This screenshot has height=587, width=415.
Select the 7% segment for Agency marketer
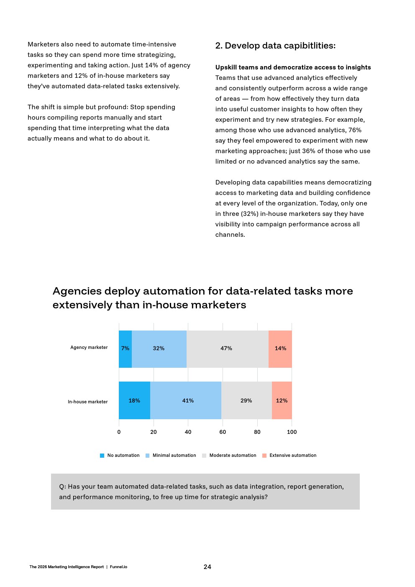point(125,349)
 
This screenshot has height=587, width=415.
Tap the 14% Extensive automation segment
point(280,349)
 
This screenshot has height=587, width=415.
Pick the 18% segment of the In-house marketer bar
point(134,400)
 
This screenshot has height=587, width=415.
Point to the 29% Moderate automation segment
point(246,400)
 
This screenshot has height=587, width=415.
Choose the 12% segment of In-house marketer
point(282,400)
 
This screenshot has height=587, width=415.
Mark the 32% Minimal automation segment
point(159,349)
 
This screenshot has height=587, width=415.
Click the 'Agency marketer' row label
point(89,347)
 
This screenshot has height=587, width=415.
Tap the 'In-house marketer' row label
point(87,402)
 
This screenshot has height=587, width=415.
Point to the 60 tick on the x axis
point(223,432)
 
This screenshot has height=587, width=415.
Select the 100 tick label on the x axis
point(292,432)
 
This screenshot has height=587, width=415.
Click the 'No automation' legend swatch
point(102,456)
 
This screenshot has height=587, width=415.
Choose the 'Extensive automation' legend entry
point(292,455)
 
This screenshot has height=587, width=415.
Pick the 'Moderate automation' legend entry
point(233,455)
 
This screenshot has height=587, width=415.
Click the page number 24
point(207,566)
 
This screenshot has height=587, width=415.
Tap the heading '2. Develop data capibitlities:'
point(275,46)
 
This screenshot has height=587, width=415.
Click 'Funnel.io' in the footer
point(118,567)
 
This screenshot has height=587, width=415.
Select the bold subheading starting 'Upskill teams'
point(293,67)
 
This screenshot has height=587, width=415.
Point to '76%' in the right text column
point(355,130)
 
